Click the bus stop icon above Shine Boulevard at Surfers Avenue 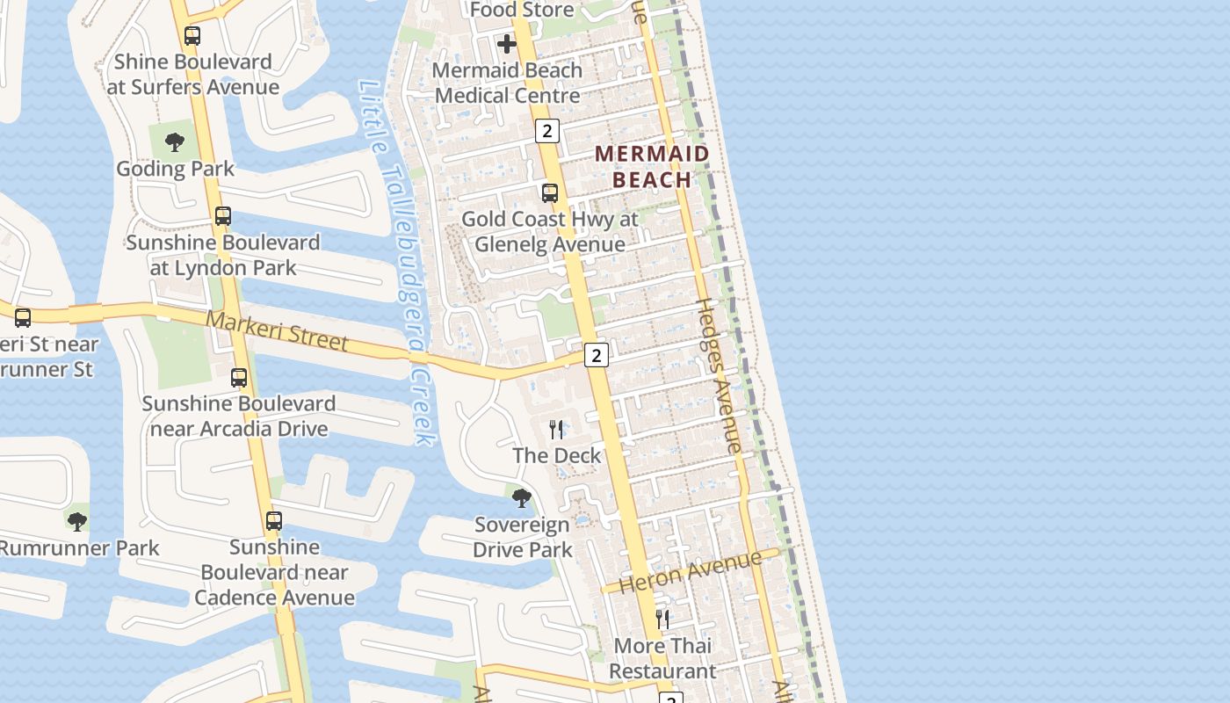pyautogui.click(x=192, y=36)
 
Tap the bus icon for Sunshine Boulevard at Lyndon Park pyautogui.click(x=223, y=216)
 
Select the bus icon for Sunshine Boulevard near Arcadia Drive pyautogui.click(x=239, y=378)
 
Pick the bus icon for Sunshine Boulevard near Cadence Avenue pyautogui.click(x=274, y=521)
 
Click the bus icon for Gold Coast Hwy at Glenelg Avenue pyautogui.click(x=550, y=193)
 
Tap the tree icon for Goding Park pyautogui.click(x=175, y=142)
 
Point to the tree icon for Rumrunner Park pyautogui.click(x=77, y=522)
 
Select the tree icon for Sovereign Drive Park pyautogui.click(x=522, y=499)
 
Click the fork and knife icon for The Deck pyautogui.click(x=556, y=430)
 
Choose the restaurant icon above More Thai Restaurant pyautogui.click(x=662, y=620)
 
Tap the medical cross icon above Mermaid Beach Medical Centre pyautogui.click(x=507, y=44)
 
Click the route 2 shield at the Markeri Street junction pyautogui.click(x=597, y=355)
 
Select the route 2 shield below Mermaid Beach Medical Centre pyautogui.click(x=547, y=131)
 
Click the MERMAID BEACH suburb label pyautogui.click(x=652, y=167)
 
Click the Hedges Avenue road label pyautogui.click(x=719, y=376)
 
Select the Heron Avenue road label pyautogui.click(x=691, y=572)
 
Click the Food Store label pyautogui.click(x=522, y=10)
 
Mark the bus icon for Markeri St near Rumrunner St pyautogui.click(x=23, y=318)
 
